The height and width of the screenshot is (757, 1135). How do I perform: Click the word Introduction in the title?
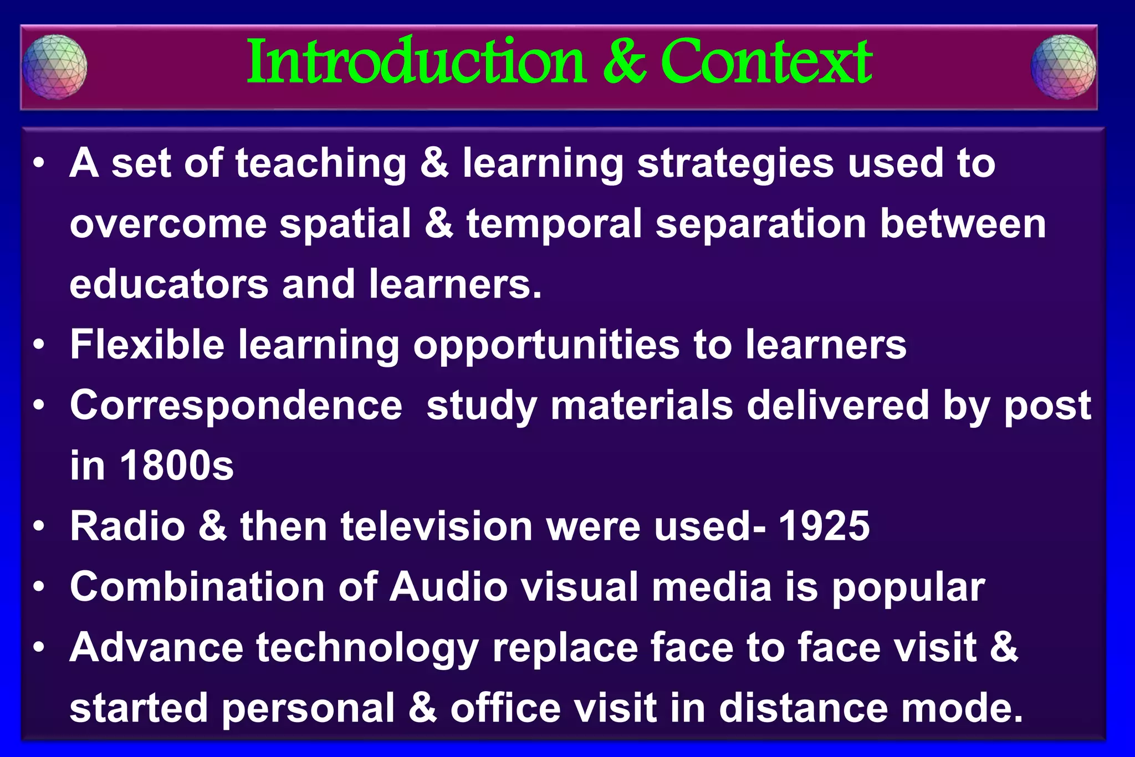(x=416, y=62)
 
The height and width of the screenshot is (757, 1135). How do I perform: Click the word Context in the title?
(x=766, y=62)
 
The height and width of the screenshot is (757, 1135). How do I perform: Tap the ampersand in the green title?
(x=625, y=62)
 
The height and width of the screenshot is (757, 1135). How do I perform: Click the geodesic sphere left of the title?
(x=54, y=67)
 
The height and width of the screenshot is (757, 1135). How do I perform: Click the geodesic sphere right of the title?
(x=1063, y=67)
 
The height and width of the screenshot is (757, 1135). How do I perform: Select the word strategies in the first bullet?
(x=735, y=164)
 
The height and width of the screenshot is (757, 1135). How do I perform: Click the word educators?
(x=169, y=284)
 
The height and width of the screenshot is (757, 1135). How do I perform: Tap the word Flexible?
(x=147, y=345)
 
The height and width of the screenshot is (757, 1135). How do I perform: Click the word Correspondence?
(x=236, y=405)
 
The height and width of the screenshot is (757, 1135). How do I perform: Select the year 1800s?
(x=177, y=466)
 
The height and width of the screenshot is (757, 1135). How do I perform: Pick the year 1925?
(x=824, y=526)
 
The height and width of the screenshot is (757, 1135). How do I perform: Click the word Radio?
(x=127, y=526)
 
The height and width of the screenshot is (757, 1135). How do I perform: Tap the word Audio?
(x=448, y=587)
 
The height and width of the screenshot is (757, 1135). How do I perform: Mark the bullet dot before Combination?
(x=38, y=587)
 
